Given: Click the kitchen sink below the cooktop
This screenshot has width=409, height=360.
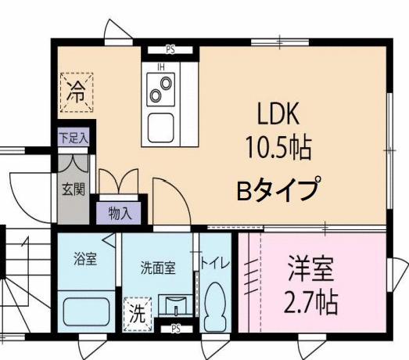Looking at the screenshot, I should tap(162, 125).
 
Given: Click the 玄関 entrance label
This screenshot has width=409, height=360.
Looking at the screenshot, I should tap(74, 190).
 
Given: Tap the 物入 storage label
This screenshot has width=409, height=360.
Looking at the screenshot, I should tap(120, 212).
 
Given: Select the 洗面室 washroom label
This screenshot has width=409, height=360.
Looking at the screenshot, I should tap(159, 266).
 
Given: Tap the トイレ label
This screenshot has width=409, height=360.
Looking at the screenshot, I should tap(215, 263).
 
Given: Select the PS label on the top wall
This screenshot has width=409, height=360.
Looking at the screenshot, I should tap(171, 49).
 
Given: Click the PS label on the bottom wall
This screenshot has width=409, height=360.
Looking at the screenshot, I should tap(177, 329).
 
